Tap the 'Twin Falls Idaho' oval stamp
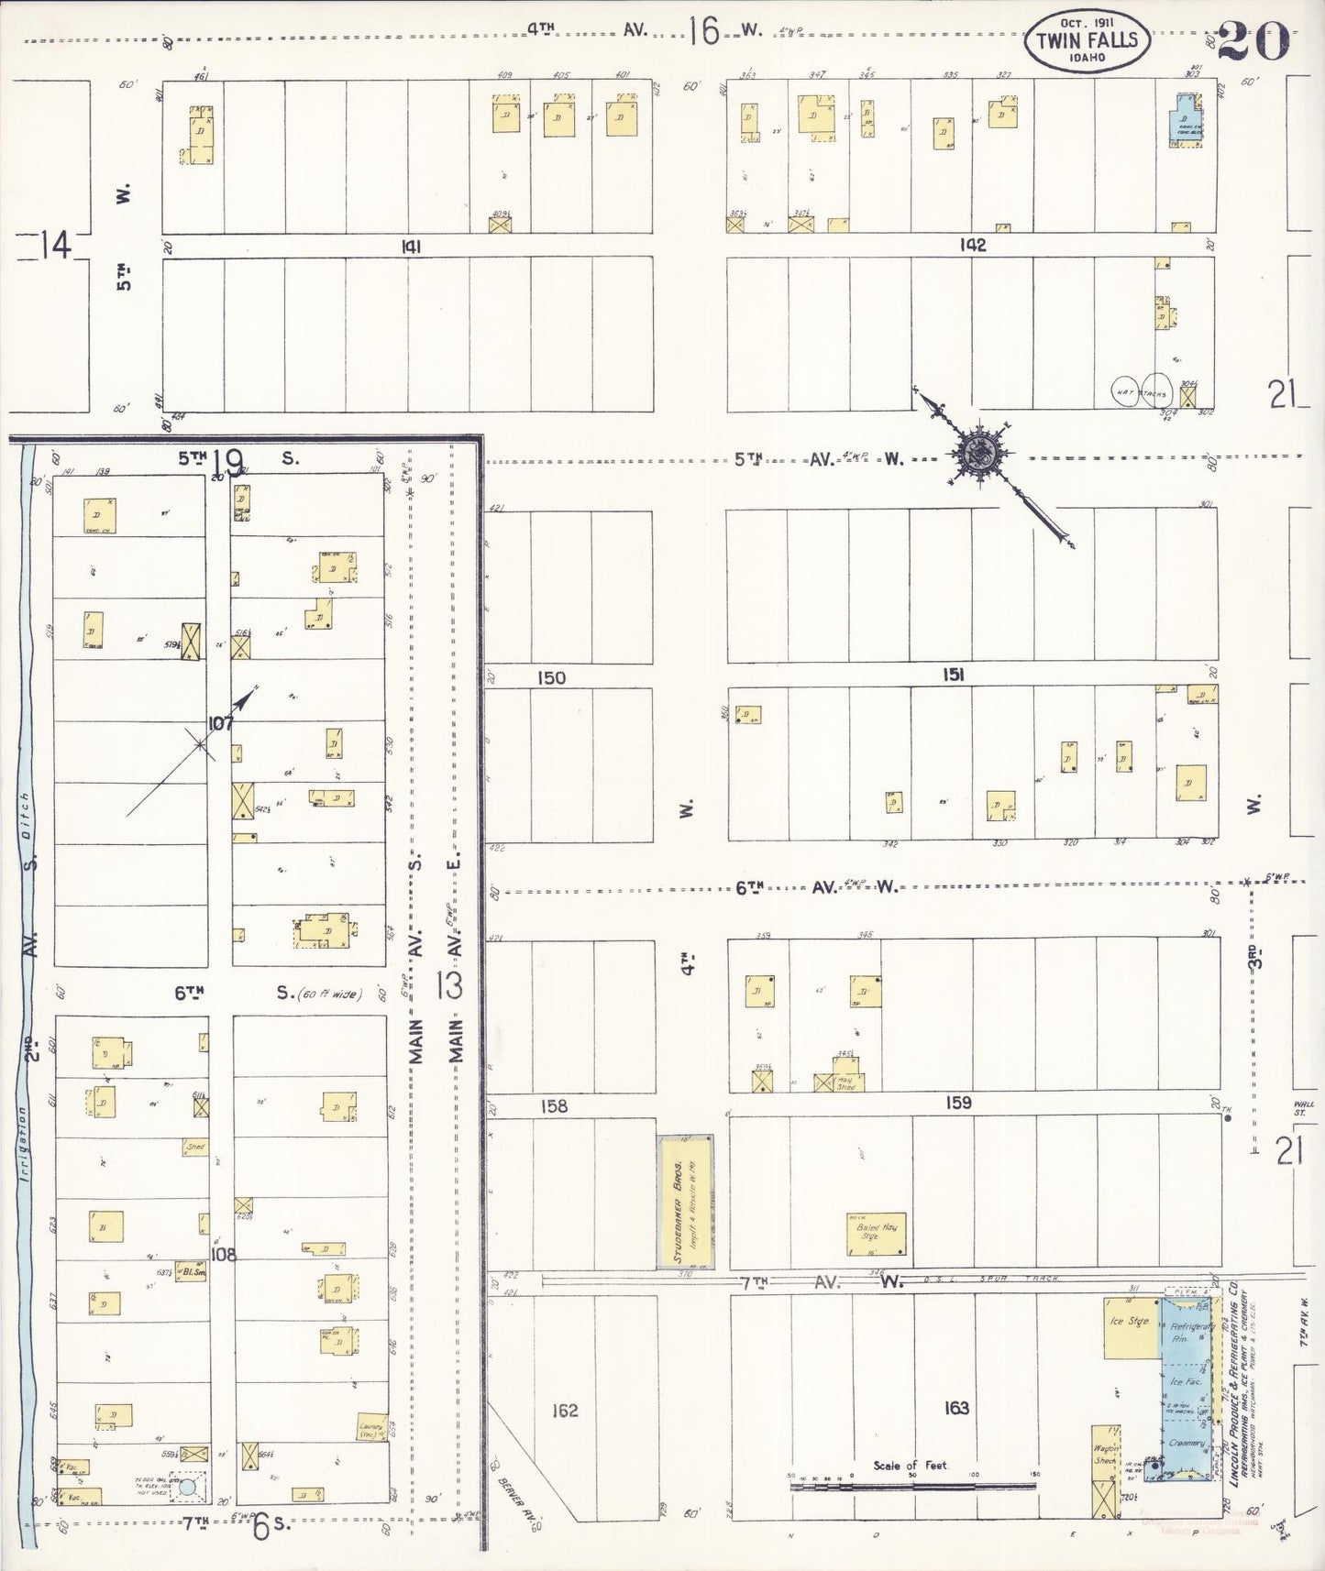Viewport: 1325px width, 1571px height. (x=1087, y=41)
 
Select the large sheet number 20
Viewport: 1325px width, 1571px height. (x=1253, y=39)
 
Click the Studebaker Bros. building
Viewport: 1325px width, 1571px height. (x=686, y=1203)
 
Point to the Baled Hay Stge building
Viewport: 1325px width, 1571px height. (x=876, y=1234)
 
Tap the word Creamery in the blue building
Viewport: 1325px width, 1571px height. (x=1187, y=1443)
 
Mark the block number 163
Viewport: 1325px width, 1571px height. (x=955, y=1408)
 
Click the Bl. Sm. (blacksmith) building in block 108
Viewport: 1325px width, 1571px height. (x=192, y=1272)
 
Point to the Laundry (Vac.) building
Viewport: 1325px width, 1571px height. (x=371, y=1428)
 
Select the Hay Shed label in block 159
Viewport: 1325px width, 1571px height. (x=845, y=1083)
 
